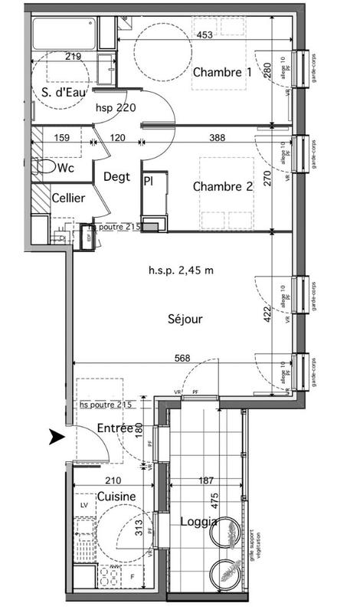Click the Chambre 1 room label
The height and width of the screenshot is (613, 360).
tap(222, 73)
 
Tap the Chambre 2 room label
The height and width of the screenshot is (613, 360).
tap(222, 186)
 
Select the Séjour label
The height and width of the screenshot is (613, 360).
tap(185, 320)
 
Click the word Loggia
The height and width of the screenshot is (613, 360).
tap(198, 522)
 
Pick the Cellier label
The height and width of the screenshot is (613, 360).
tap(68, 198)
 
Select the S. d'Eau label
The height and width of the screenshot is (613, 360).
tap(62, 93)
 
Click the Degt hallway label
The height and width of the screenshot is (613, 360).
tap(118, 176)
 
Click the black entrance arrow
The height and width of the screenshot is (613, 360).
tap(56, 438)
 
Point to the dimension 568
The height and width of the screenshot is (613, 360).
tap(182, 357)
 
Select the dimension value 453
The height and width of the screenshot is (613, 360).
tap(204, 35)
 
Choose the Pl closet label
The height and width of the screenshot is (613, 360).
tap(147, 181)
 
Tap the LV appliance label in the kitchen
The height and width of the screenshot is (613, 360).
tap(83, 506)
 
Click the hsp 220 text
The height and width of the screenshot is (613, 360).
tap(116, 108)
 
